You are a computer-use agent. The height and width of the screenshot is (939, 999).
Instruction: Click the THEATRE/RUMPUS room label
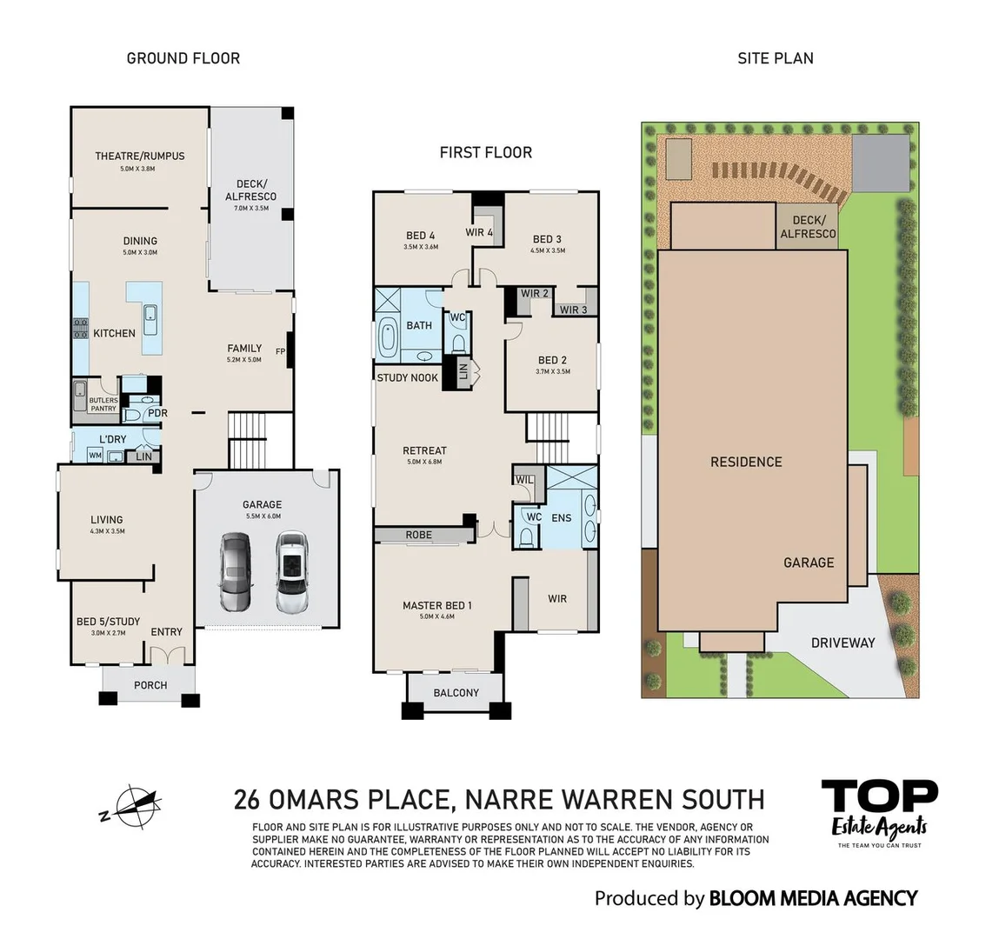[x=139, y=156]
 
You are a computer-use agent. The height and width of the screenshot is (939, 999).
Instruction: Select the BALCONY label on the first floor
[x=456, y=693]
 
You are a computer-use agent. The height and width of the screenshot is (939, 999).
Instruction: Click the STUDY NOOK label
[x=407, y=378]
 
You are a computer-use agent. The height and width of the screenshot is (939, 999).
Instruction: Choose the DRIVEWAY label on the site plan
[x=842, y=643]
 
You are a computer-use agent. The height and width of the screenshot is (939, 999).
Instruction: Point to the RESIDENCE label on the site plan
[x=746, y=462]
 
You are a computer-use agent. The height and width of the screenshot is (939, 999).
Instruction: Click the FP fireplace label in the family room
[x=280, y=351]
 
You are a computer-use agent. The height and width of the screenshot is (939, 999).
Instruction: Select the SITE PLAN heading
[x=775, y=58]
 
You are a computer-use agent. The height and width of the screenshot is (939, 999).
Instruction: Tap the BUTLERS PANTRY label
[x=103, y=404]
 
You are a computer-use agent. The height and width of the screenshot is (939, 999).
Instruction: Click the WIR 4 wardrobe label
[x=479, y=232]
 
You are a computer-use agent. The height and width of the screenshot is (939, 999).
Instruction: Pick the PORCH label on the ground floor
[x=150, y=685]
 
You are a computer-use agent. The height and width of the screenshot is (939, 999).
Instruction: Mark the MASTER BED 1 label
[x=436, y=606]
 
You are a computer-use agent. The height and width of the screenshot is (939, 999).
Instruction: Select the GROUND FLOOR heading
[x=183, y=58]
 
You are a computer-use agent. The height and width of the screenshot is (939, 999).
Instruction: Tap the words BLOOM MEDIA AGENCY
[x=813, y=898]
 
